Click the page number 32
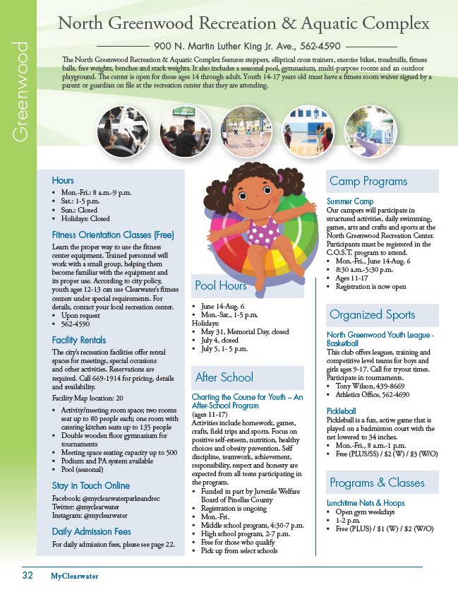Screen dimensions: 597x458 click(x=27, y=575)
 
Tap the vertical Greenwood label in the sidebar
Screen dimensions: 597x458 click(x=20, y=92)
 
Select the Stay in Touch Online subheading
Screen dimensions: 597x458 click(x=91, y=485)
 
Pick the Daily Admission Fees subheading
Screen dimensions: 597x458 click(x=91, y=531)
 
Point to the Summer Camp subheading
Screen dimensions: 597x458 click(x=350, y=201)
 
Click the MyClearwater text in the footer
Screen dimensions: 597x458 click(x=74, y=576)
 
